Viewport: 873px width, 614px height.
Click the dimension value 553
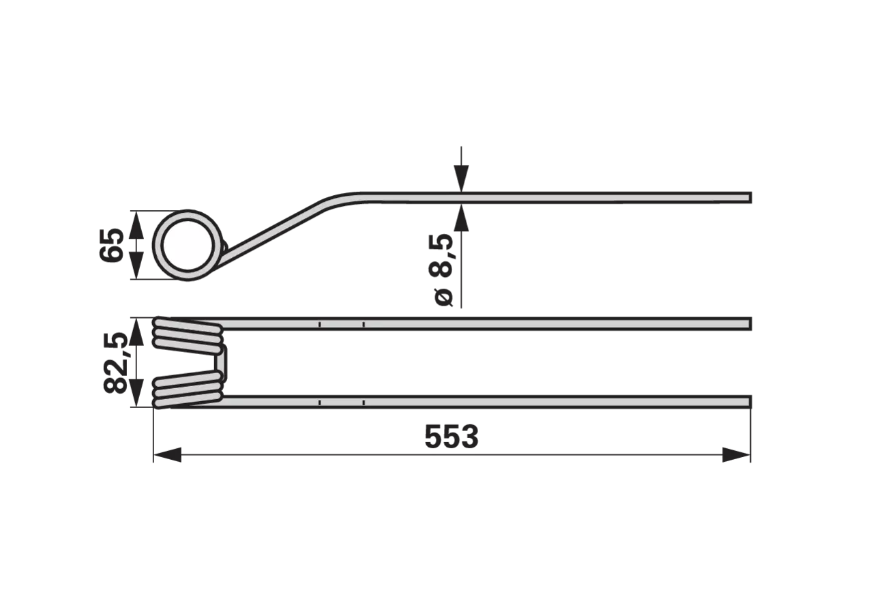click(452, 437)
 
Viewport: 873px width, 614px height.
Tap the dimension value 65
click(111, 245)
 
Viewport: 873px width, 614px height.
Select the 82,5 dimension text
click(115, 362)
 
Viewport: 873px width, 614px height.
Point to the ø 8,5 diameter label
click(441, 271)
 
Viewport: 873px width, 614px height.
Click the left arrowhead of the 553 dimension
click(167, 454)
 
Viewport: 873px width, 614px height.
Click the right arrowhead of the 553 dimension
click(736, 454)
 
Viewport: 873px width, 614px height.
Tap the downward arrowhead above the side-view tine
click(461, 179)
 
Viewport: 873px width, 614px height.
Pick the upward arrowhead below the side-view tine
click(461, 217)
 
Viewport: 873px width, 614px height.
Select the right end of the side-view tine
click(750, 198)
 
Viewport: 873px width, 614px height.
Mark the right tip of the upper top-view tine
click(750, 324)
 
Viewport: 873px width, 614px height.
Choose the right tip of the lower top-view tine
click(750, 402)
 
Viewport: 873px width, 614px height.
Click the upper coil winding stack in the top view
click(188, 334)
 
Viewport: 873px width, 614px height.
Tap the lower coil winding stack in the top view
click(188, 390)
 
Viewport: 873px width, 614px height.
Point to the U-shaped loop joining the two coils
click(222, 362)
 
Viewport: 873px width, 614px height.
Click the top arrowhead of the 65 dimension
click(136, 224)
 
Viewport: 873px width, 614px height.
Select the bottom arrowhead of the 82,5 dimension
click(136, 394)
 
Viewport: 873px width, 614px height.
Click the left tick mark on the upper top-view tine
click(320, 324)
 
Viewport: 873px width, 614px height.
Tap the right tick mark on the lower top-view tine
click(364, 402)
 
